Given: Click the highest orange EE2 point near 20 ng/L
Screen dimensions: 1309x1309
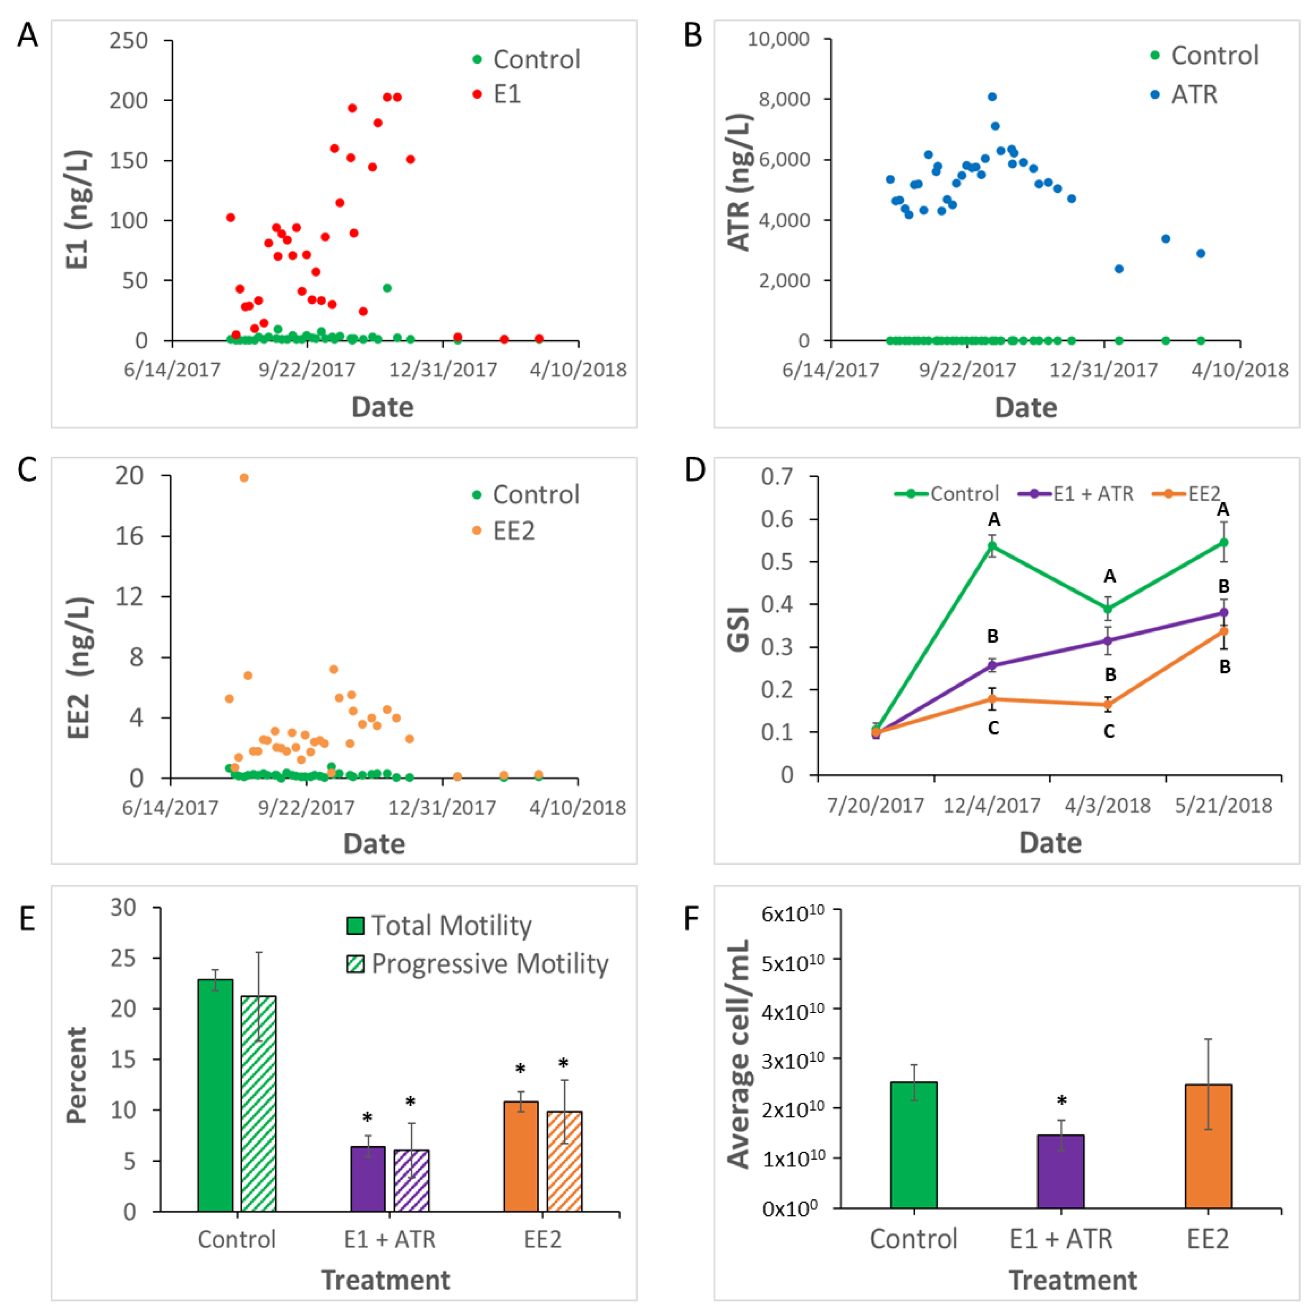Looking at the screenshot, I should (x=244, y=478).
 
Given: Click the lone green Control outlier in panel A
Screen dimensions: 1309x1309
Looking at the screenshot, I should (x=387, y=288).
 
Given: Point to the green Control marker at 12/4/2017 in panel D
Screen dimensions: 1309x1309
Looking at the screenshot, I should (x=992, y=545).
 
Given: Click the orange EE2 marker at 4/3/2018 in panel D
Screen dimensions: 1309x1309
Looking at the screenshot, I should (x=1109, y=705).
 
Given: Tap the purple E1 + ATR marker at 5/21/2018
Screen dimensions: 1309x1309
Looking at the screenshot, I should (x=1224, y=612).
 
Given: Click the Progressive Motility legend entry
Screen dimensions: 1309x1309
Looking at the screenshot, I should (x=478, y=963).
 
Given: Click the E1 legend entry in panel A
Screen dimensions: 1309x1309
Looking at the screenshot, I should (x=498, y=94).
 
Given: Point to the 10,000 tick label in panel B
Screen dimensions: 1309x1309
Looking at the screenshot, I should (x=778, y=39).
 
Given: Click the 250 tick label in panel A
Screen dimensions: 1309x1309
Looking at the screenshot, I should (x=129, y=41).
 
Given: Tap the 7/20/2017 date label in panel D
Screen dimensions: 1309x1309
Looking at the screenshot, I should (x=875, y=806).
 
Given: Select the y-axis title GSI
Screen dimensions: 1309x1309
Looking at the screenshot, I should (x=738, y=630).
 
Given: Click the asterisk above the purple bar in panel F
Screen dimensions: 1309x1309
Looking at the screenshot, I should (x=1062, y=1102).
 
